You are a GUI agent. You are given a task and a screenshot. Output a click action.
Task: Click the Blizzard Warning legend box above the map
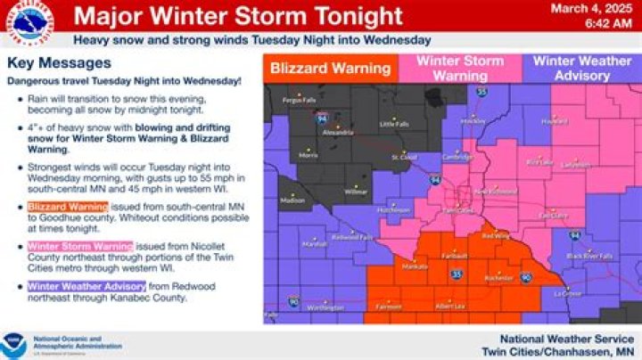point(330,68)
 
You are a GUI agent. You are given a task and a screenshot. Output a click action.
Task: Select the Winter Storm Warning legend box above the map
point(460,68)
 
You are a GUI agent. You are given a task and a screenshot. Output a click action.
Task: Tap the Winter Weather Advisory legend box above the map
point(580,68)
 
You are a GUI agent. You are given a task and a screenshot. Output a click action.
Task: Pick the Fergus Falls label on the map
point(297,100)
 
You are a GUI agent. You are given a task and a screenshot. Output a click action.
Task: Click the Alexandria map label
point(337,131)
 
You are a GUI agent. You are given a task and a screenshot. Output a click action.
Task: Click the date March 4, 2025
point(600,9)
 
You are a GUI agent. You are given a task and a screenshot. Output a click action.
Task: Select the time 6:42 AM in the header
point(610,24)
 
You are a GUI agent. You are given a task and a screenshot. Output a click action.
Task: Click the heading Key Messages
point(59,64)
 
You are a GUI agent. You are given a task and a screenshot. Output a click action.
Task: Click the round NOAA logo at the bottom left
point(13,343)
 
